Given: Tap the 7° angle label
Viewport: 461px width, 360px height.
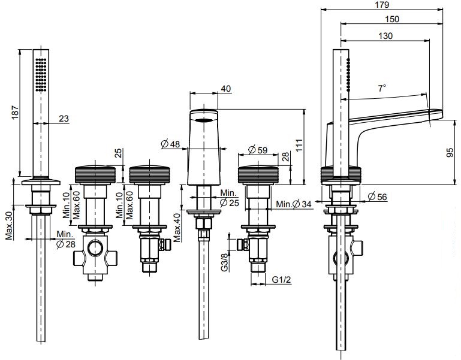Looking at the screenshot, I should click(x=381, y=88).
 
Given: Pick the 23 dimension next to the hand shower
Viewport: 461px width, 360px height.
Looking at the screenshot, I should click(x=64, y=119).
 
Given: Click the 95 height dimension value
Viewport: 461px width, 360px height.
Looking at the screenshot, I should click(x=450, y=154).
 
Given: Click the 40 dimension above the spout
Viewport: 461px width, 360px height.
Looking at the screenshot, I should click(x=225, y=89).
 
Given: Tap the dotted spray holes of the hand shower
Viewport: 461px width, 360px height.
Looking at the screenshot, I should click(x=41, y=74).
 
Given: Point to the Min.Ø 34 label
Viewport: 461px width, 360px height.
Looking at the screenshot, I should click(x=294, y=205).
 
